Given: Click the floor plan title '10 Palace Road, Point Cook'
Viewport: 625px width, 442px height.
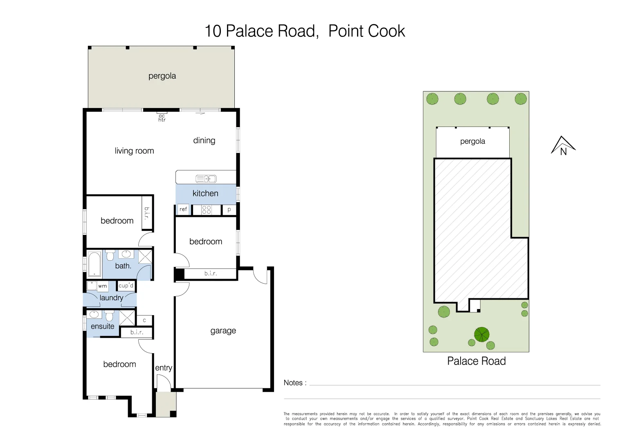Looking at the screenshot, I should (304, 31).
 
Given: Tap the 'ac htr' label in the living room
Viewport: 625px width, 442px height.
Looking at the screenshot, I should (162, 118).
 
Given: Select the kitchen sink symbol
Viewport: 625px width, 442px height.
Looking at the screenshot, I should (206, 178).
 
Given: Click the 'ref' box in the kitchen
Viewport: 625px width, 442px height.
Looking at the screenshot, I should (183, 210).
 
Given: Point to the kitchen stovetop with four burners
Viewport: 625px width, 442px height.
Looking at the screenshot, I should (207, 210).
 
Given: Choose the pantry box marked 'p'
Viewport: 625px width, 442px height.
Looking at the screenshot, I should (229, 210).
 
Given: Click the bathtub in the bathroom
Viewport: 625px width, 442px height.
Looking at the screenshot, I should (94, 264).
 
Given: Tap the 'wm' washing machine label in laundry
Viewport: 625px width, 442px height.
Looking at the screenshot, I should (102, 286).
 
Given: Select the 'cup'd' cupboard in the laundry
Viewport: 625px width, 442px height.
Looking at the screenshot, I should (126, 285).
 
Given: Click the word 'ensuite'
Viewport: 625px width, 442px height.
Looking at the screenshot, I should (102, 326).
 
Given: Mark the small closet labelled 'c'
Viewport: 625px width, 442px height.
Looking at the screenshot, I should (144, 320).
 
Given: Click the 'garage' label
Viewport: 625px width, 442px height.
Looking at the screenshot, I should (223, 331).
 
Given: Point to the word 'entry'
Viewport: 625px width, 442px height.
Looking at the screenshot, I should (164, 368).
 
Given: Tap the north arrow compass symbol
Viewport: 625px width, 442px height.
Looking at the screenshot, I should (563, 146).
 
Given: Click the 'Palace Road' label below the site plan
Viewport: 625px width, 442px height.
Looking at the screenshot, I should (476, 361).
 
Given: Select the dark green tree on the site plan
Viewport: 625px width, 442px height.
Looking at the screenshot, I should (481, 334).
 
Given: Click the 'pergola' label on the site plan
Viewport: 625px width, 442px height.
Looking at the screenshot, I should (472, 141).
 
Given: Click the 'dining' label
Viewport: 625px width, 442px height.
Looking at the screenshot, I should (204, 140).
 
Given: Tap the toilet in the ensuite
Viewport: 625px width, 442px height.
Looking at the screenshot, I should (109, 316).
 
